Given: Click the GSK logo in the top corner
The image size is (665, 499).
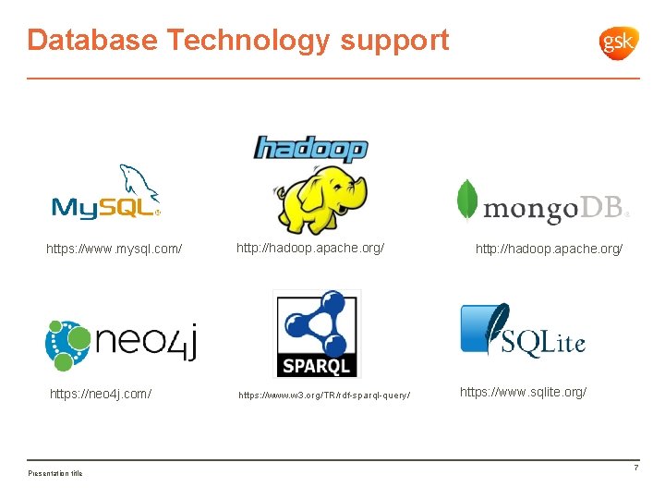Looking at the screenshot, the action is pyautogui.click(x=619, y=42).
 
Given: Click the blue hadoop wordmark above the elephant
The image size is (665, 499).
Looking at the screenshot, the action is pyautogui.click(x=310, y=148).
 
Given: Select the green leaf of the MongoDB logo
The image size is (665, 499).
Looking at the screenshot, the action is pyautogui.click(x=468, y=201).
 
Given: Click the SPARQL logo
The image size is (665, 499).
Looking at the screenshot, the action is pyautogui.click(x=317, y=333).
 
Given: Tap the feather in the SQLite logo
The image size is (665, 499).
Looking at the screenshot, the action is pyautogui.click(x=496, y=327).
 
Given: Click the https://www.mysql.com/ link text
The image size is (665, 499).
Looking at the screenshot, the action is pyautogui.click(x=115, y=249).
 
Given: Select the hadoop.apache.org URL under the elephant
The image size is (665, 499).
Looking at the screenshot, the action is pyautogui.click(x=310, y=248).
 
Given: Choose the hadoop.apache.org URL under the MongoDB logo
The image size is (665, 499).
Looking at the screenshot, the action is pyautogui.click(x=549, y=249).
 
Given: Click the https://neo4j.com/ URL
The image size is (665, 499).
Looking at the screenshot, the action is pyautogui.click(x=101, y=394).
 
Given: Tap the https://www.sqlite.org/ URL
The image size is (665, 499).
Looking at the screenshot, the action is pyautogui.click(x=523, y=392).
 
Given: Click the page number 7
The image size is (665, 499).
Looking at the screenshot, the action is pyautogui.click(x=635, y=469).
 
